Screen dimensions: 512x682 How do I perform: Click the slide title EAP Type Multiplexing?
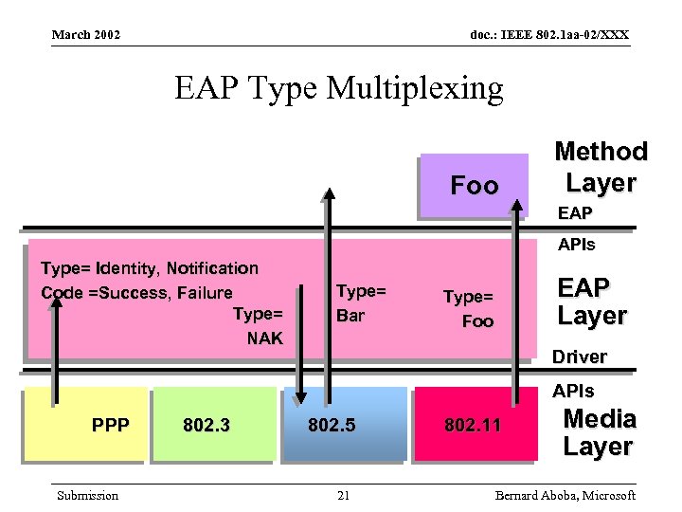click(338, 88)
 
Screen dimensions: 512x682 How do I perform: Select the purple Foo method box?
click(474, 186)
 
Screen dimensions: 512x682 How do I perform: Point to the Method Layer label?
click(601, 166)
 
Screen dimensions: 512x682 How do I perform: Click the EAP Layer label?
click(592, 302)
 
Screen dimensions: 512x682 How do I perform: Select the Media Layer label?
click(599, 432)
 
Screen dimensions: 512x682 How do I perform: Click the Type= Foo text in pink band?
click(469, 309)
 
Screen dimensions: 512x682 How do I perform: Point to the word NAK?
click(264, 338)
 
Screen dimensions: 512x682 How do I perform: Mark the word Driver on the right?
click(579, 357)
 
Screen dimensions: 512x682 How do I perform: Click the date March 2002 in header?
click(86, 35)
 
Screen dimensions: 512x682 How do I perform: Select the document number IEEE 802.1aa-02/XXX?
click(548, 35)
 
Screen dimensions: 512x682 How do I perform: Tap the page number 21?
click(343, 495)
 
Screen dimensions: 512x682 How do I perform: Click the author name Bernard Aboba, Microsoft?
click(565, 495)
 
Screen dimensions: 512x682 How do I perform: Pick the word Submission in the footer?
click(87, 495)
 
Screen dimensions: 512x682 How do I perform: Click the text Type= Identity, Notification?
click(150, 268)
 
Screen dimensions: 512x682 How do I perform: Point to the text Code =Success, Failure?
click(136, 292)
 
